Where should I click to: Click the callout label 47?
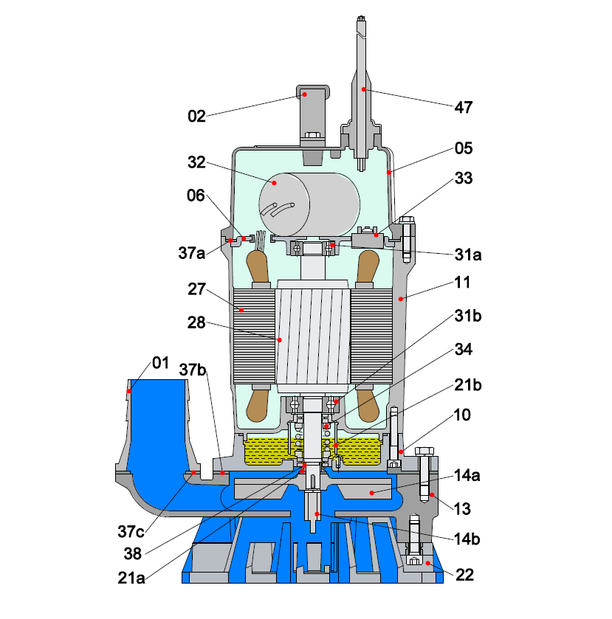point(464,107)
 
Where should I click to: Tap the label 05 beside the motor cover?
point(464,148)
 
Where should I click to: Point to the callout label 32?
point(196,163)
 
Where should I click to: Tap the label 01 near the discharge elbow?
point(160,362)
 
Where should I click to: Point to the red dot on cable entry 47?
point(364,89)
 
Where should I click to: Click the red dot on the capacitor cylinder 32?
point(275,182)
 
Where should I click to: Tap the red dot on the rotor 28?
point(280,340)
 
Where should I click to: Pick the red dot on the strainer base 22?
point(427,562)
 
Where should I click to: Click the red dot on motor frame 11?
point(401,299)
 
